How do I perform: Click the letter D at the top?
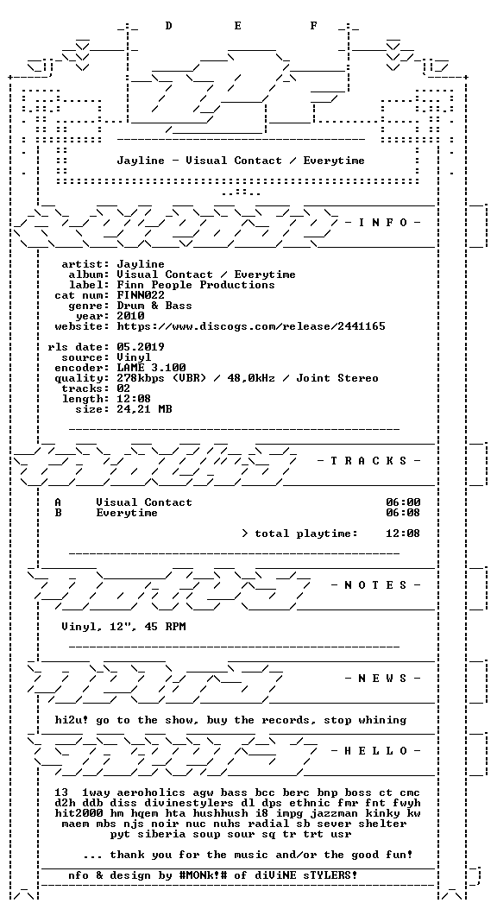click(x=168, y=26)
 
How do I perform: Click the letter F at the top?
click(x=314, y=26)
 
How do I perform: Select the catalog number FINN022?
click(x=141, y=295)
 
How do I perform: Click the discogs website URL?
click(x=251, y=326)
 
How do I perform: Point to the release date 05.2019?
click(x=141, y=347)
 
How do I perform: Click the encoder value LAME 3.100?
click(x=152, y=368)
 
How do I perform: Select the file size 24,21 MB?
click(x=144, y=408)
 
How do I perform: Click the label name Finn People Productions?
click(x=196, y=285)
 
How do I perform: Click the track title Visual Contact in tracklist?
click(x=144, y=502)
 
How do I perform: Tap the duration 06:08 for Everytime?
click(x=403, y=513)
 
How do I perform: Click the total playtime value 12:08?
click(x=403, y=534)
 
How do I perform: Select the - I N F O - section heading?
click(x=382, y=222)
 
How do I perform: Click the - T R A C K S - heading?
click(x=369, y=460)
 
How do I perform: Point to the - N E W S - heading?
click(x=382, y=678)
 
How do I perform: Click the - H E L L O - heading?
click(x=376, y=750)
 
